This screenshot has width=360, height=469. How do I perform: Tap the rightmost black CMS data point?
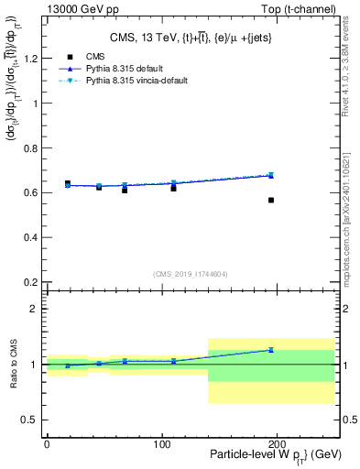pyautogui.click(x=271, y=200)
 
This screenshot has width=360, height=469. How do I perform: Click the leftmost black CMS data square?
pyautogui.click(x=68, y=183)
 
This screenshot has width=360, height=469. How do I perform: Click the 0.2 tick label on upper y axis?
pyautogui.click(x=30, y=282)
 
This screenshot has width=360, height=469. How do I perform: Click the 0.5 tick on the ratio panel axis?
pyautogui.click(x=30, y=420)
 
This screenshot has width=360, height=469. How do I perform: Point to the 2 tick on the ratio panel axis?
pyautogui.click(x=36, y=309)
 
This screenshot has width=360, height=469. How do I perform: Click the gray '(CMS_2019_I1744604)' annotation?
pyautogui.click(x=190, y=273)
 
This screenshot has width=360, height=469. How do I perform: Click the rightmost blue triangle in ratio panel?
pyautogui.click(x=271, y=349)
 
